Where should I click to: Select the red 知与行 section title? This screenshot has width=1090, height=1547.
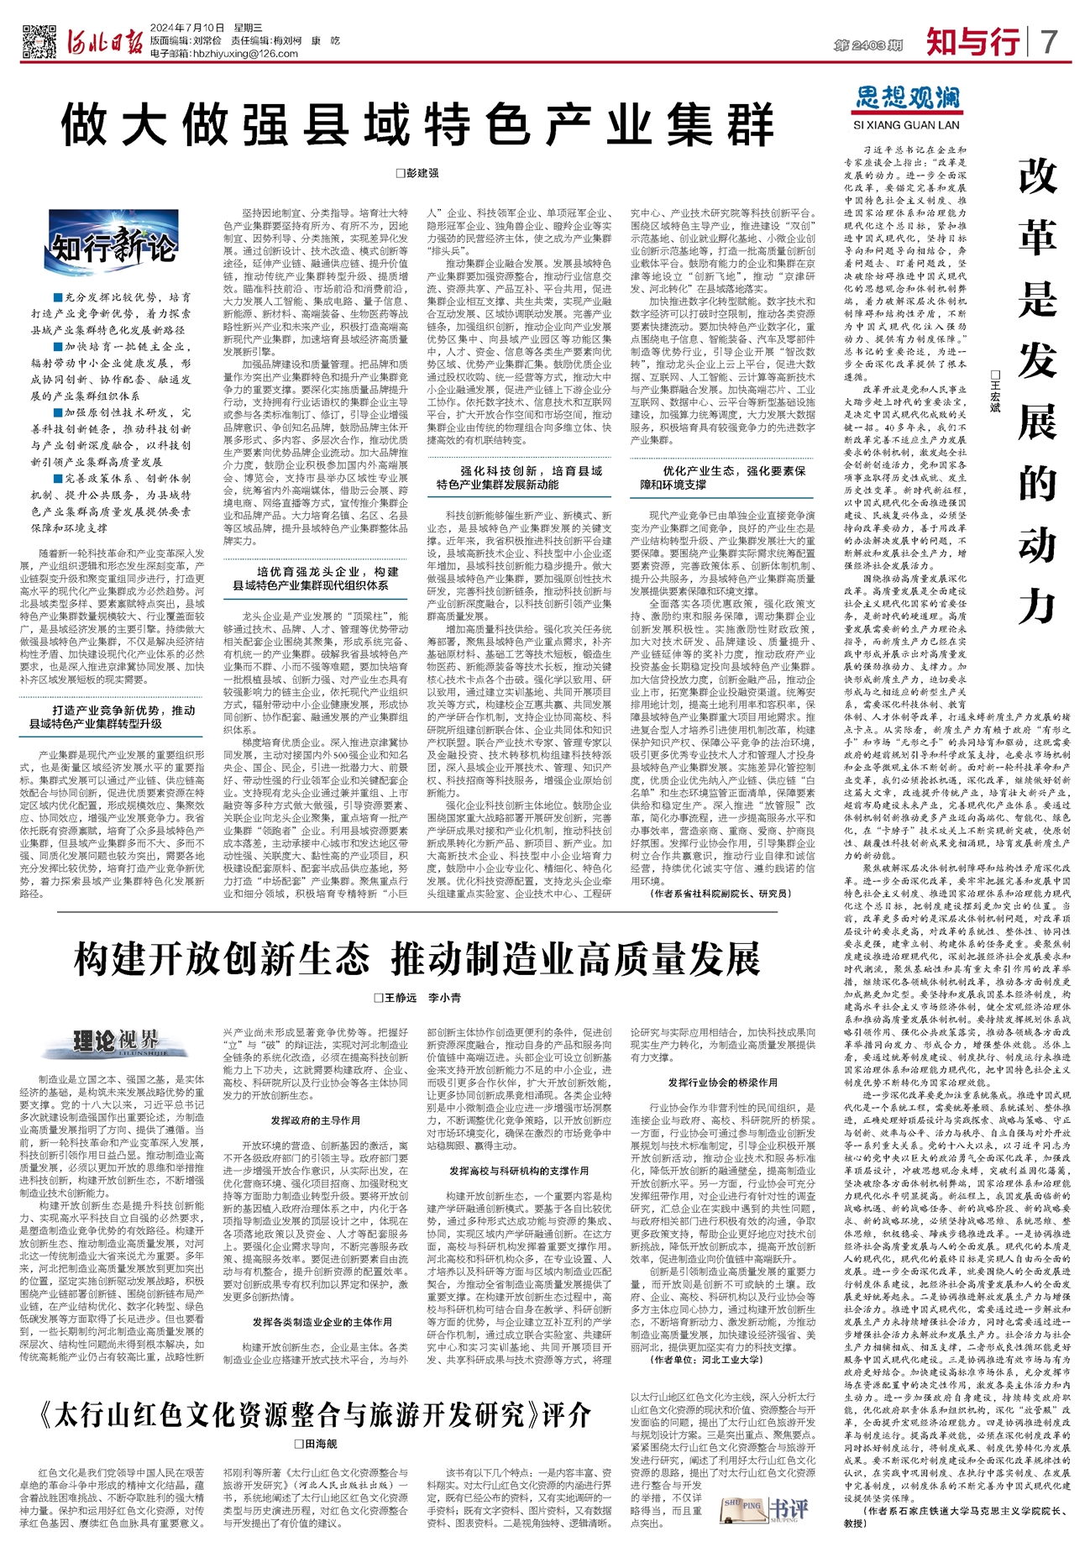click(972, 41)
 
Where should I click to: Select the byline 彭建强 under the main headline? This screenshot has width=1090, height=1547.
click(417, 173)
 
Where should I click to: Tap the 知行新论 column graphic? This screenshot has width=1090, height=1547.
click(113, 246)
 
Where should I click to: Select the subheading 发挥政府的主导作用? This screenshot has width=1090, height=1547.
click(315, 1120)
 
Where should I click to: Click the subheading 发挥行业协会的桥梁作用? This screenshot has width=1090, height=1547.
click(722, 1083)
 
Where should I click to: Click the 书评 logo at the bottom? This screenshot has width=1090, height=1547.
click(765, 1508)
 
